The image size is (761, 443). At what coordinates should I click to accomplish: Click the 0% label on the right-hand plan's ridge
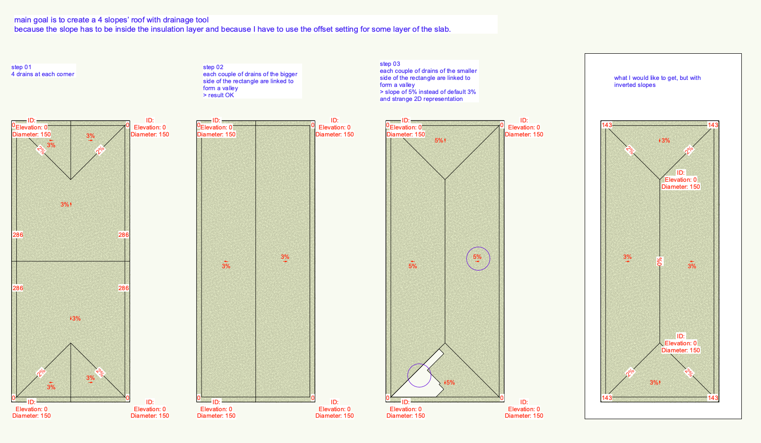(660, 262)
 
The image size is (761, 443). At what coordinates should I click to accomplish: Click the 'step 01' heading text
(22, 67)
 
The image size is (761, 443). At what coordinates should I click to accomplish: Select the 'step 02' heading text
(213, 67)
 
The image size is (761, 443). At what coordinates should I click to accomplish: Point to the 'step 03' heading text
(390, 64)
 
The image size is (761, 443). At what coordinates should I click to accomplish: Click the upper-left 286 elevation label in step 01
(18, 235)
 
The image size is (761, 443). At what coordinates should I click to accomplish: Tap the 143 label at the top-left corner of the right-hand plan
(607, 125)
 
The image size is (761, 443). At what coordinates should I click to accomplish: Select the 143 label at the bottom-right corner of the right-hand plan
(713, 398)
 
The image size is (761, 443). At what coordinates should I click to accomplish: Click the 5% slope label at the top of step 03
(440, 141)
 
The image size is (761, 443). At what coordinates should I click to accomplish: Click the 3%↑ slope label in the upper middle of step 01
(66, 205)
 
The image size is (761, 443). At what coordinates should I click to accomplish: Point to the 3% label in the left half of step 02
(226, 266)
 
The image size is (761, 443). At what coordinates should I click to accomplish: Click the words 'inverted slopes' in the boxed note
(635, 85)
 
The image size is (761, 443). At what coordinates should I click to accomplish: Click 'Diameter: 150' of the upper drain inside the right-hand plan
(681, 187)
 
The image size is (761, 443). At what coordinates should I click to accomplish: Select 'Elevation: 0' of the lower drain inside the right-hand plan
(681, 343)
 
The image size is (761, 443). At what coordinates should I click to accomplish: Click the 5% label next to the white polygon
(449, 383)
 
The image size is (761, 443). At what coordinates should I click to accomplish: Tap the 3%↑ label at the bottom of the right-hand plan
(655, 383)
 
